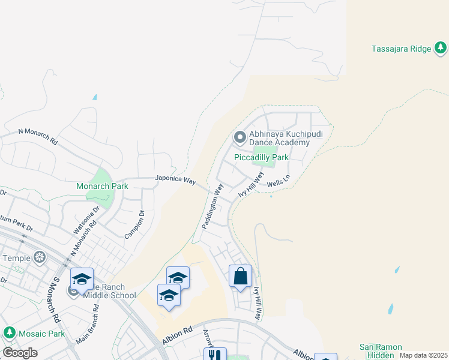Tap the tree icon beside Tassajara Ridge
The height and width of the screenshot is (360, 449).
click(440, 49)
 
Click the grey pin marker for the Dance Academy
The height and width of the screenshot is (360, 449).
click(240, 138)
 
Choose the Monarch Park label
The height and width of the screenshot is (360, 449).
click(102, 186)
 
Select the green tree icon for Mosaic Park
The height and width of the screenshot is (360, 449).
click(9, 332)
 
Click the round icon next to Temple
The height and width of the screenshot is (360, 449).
click(40, 258)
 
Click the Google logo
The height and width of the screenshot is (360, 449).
click(20, 353)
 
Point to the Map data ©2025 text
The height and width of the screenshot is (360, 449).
click(423, 355)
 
